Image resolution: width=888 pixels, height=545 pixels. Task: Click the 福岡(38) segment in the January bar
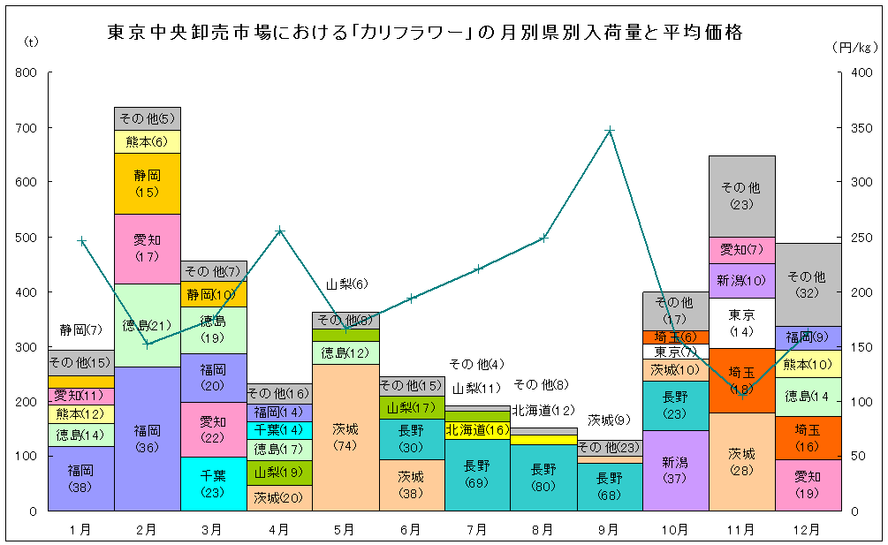pos(80,478)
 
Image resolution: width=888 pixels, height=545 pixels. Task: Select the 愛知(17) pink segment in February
pos(147,248)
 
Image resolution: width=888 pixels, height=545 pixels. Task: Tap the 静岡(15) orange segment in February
pos(147,183)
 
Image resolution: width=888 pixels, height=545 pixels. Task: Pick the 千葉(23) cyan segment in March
pos(213,483)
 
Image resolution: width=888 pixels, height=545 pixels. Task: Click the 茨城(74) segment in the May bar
pos(345,436)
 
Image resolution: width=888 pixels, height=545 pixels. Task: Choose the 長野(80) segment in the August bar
pos(543,477)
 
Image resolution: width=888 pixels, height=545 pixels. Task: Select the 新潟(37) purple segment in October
pos(676,470)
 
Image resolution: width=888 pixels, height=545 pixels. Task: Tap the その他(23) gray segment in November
pos(741,196)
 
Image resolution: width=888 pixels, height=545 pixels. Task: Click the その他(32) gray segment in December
pos(808,284)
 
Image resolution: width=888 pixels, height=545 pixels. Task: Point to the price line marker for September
pos(610,131)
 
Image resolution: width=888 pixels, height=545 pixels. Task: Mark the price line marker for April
pos(279,231)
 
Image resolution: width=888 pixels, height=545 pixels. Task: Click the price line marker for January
pos(81,240)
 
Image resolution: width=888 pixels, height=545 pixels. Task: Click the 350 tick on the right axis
pos(859,128)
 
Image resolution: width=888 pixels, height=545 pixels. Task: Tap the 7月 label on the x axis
pos(477,529)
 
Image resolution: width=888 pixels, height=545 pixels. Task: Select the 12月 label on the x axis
pos(808,529)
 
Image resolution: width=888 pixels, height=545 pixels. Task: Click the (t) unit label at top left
pos(32,42)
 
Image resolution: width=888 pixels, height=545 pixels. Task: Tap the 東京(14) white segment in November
pos(741,322)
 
